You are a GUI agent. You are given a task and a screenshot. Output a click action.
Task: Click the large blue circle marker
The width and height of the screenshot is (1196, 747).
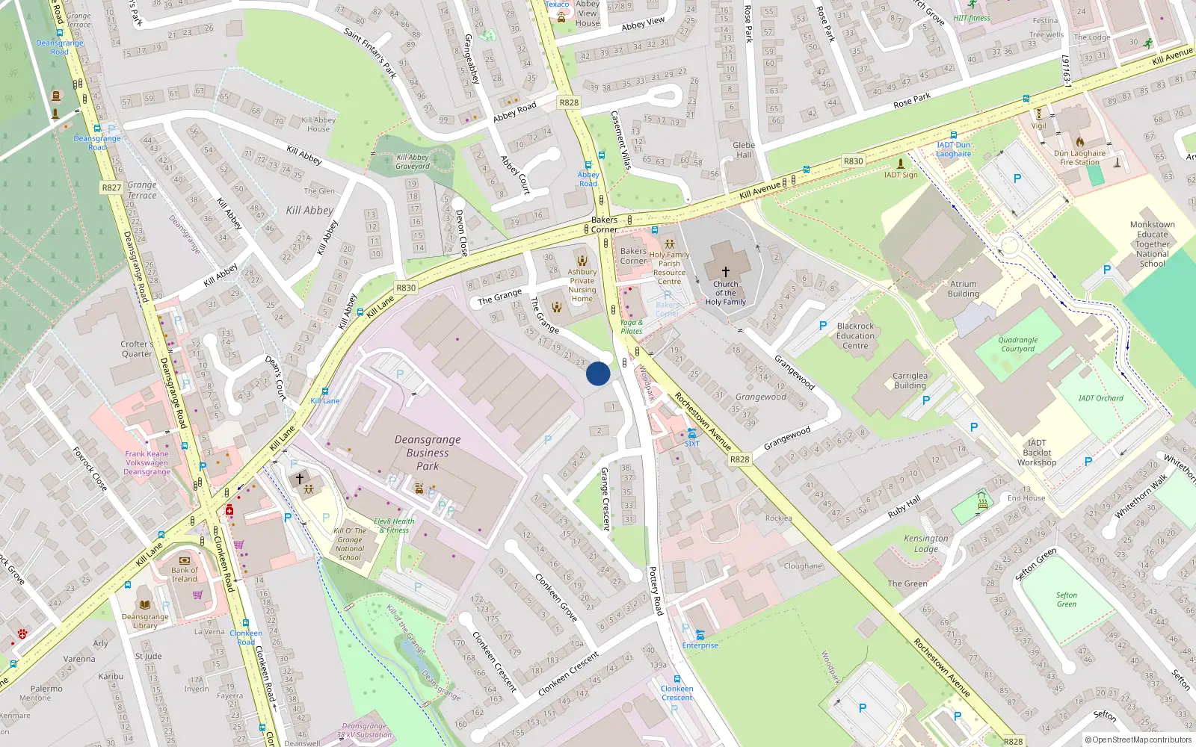click(x=598, y=373)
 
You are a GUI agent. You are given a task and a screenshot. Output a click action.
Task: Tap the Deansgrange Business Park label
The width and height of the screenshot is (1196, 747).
click(x=428, y=453)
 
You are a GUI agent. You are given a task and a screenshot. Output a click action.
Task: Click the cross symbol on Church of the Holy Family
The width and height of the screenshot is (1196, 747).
click(x=725, y=272)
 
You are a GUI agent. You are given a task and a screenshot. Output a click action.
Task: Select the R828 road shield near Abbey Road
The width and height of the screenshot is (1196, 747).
click(x=569, y=102)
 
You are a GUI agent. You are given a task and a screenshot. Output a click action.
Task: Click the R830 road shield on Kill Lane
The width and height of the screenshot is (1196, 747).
click(x=406, y=288)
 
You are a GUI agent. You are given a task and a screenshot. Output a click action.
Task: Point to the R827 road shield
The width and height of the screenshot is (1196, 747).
click(x=111, y=187)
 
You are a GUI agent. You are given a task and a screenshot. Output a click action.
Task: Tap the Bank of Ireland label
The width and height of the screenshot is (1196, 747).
click(x=185, y=574)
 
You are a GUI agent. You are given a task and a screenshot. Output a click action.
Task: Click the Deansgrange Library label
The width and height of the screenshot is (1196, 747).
click(x=145, y=621)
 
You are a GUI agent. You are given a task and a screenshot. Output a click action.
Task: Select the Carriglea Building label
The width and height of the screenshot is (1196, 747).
click(x=910, y=381)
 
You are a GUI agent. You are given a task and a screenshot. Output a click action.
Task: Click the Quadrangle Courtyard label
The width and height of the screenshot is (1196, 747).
click(x=1017, y=344)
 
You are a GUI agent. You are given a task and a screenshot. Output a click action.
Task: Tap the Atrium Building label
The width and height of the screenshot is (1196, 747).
click(x=964, y=289)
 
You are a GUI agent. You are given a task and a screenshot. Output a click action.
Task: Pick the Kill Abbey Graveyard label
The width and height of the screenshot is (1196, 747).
click(x=413, y=161)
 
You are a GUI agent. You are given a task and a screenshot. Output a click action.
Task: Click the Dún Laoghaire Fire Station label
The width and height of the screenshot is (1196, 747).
click(x=1079, y=158)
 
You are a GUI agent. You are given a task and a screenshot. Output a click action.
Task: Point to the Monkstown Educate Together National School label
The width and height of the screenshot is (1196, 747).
click(x=1152, y=244)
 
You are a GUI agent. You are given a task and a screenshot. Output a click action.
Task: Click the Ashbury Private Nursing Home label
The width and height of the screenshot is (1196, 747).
click(x=582, y=285)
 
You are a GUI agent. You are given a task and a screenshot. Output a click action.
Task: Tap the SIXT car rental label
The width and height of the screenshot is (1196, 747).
click(x=692, y=443)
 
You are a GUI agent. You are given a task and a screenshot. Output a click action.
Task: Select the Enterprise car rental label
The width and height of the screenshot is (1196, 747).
click(x=700, y=645)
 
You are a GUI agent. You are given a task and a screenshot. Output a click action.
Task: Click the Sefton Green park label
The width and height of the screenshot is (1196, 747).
click(x=1067, y=600)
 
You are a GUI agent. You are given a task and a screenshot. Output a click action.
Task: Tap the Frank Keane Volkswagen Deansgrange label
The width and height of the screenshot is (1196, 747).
click(x=147, y=462)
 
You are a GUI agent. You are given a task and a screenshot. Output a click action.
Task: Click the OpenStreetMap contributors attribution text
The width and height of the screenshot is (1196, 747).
click(x=1141, y=740)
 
